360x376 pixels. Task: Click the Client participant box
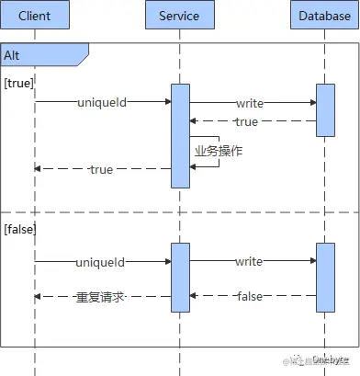[36, 16]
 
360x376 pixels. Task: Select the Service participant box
[179, 16]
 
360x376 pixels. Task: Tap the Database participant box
[325, 16]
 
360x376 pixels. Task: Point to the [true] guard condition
[19, 83]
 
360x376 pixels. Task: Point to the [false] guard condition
[21, 226]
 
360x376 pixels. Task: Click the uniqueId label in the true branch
[101, 103]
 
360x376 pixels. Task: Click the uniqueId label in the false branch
[101, 262]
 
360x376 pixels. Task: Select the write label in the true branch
[249, 103]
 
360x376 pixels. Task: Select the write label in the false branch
[249, 262]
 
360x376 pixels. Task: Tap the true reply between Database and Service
[246, 121]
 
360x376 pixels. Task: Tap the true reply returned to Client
[101, 169]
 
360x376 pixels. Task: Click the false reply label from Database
[249, 296]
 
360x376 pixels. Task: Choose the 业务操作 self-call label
[218, 150]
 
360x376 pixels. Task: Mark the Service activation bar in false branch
[179, 277]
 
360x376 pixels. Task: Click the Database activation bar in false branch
[325, 276]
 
